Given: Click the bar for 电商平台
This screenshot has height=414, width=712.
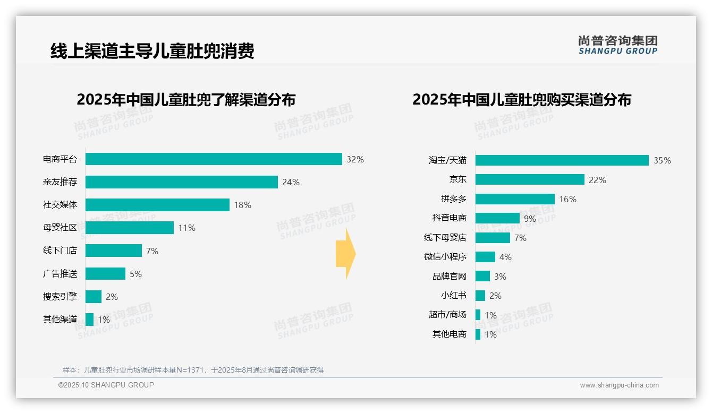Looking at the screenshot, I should (214, 159).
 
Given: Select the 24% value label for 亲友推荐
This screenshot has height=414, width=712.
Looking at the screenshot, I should (291, 182).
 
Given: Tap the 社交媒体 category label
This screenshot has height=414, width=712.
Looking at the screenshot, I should (60, 205).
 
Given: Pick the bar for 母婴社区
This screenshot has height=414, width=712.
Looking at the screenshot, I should (130, 228).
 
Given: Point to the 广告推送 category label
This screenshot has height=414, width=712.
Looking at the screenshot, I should (60, 274).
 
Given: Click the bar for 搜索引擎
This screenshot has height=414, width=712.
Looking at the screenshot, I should (94, 297).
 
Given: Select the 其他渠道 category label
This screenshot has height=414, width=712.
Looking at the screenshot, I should (60, 320).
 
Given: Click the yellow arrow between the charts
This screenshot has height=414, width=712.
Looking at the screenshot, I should (345, 254).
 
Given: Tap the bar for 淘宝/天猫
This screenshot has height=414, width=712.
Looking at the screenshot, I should (562, 160).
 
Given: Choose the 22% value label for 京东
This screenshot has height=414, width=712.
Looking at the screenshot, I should (597, 180).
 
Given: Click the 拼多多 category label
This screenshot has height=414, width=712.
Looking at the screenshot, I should (453, 199).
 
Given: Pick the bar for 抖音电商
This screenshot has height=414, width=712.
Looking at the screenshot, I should (497, 218).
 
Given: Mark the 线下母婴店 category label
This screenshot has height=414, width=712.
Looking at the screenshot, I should (445, 238).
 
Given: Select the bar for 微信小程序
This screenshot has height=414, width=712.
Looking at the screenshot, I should (485, 257).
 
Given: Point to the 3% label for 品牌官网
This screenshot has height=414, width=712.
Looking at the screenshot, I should (500, 277).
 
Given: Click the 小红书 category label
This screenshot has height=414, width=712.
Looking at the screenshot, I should (453, 296).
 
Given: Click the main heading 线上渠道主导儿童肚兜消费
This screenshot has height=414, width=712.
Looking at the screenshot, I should (152, 51).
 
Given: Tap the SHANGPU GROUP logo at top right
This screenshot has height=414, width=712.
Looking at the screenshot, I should (617, 45).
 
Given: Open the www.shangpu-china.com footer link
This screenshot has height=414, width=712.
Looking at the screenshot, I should (619, 385).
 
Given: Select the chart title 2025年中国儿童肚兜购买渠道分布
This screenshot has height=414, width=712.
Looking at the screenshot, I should (522, 100).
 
